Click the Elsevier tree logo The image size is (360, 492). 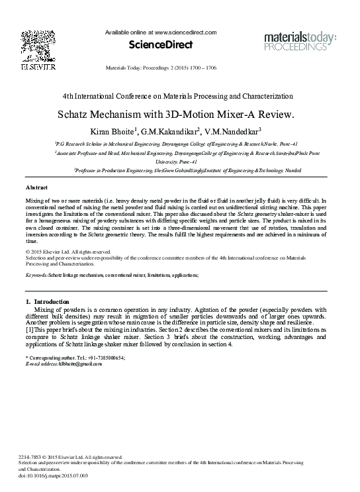pyautogui.click(x=29, y=43)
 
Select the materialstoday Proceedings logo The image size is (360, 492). pyautogui.click(x=296, y=40)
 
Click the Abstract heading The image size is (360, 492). pyautogui.click(x=36, y=188)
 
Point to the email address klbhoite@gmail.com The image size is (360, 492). pyautogui.click(x=73, y=364)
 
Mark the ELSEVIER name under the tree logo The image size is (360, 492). pyautogui.click(x=29, y=68)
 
